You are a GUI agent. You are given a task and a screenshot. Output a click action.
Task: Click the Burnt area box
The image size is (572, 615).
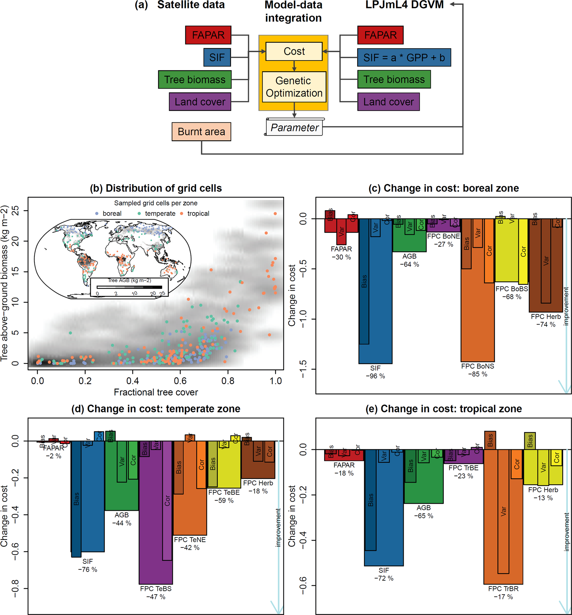point(201,132)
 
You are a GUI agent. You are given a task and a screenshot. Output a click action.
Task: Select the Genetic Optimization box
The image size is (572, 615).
point(294,87)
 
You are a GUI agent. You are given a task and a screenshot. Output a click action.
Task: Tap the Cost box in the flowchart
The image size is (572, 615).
point(294,51)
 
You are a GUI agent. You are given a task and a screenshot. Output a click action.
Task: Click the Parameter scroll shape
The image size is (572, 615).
point(294,128)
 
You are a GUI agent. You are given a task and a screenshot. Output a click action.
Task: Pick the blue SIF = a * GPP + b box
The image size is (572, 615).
point(404,58)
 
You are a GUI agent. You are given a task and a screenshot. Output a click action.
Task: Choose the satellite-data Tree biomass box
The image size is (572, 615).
point(195,80)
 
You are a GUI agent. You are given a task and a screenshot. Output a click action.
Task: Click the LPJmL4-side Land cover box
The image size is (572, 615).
point(388,102)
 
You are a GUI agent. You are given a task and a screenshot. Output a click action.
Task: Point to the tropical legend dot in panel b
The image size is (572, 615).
point(182,213)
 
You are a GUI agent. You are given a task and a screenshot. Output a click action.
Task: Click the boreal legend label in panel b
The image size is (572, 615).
point(112,213)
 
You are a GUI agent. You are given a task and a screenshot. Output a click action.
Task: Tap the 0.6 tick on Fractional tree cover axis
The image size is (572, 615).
point(180,381)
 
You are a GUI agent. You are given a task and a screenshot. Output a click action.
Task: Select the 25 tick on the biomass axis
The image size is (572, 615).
point(15,211)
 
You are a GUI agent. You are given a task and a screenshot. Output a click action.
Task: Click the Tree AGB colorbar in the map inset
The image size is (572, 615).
point(129,287)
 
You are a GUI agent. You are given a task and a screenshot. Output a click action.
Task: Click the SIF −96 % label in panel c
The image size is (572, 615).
point(375,372)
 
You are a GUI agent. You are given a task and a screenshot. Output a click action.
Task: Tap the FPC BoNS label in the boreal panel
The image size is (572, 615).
point(477,366)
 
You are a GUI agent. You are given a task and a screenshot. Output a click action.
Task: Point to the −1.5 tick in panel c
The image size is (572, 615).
point(303,369)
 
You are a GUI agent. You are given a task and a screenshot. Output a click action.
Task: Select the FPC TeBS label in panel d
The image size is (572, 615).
point(156,589)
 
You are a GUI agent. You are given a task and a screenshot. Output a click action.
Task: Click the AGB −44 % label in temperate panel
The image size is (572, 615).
point(122,519)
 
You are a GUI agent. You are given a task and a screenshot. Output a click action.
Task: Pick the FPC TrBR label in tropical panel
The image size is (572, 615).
point(503,589)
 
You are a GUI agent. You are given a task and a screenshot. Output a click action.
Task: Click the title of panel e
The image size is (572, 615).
point(443,409)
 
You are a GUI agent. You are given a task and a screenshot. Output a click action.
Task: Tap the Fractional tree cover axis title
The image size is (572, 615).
point(156,392)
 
